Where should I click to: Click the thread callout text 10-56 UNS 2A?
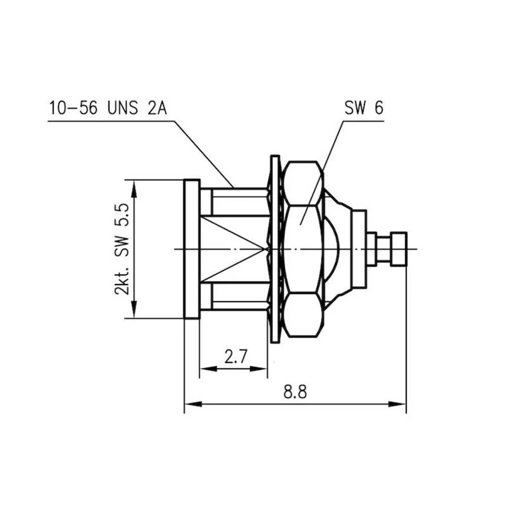(107, 108)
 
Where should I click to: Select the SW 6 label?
(364, 108)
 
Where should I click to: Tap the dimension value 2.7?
(235, 357)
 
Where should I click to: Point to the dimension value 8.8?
(295, 392)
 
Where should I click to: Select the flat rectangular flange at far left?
(192, 248)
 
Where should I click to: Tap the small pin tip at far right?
(399, 248)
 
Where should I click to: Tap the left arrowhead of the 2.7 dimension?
(205, 369)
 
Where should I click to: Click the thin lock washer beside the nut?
(275, 248)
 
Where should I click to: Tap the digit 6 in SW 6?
(378, 108)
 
